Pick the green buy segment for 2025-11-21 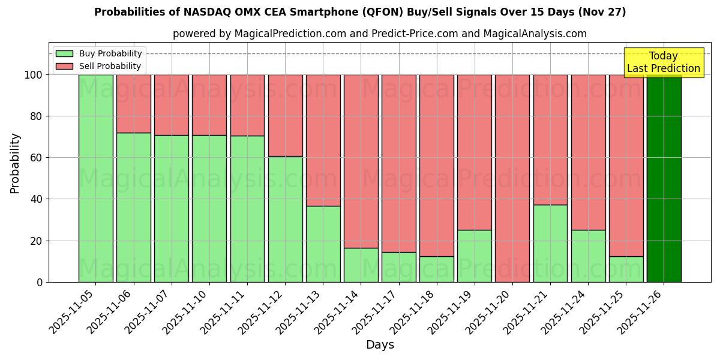pos(550,243)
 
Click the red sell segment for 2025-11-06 pos(133,103)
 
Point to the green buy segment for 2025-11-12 pos(285,219)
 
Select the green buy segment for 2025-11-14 pos(361,265)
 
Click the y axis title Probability pos(15,163)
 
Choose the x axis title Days pos(380,345)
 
